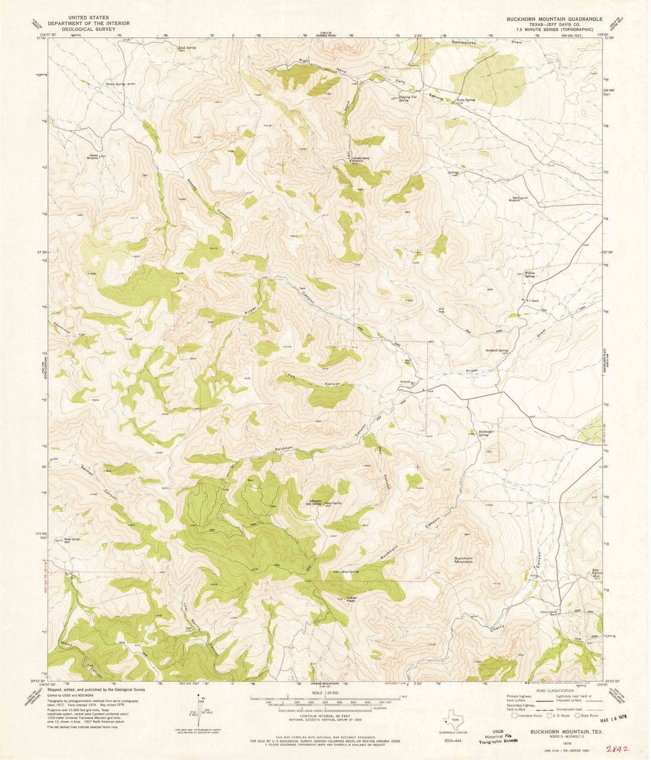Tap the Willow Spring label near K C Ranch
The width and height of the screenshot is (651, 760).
530,274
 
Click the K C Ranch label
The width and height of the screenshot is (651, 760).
530,299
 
